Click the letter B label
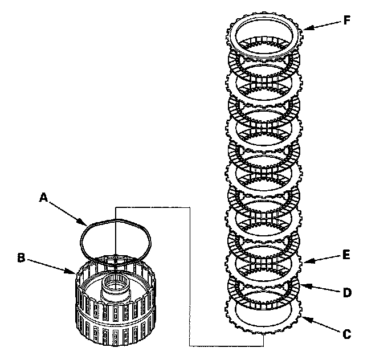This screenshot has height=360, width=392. coord(21,257)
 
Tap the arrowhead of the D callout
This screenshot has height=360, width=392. coord(301,284)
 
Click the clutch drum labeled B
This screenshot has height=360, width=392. coord(114,319)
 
